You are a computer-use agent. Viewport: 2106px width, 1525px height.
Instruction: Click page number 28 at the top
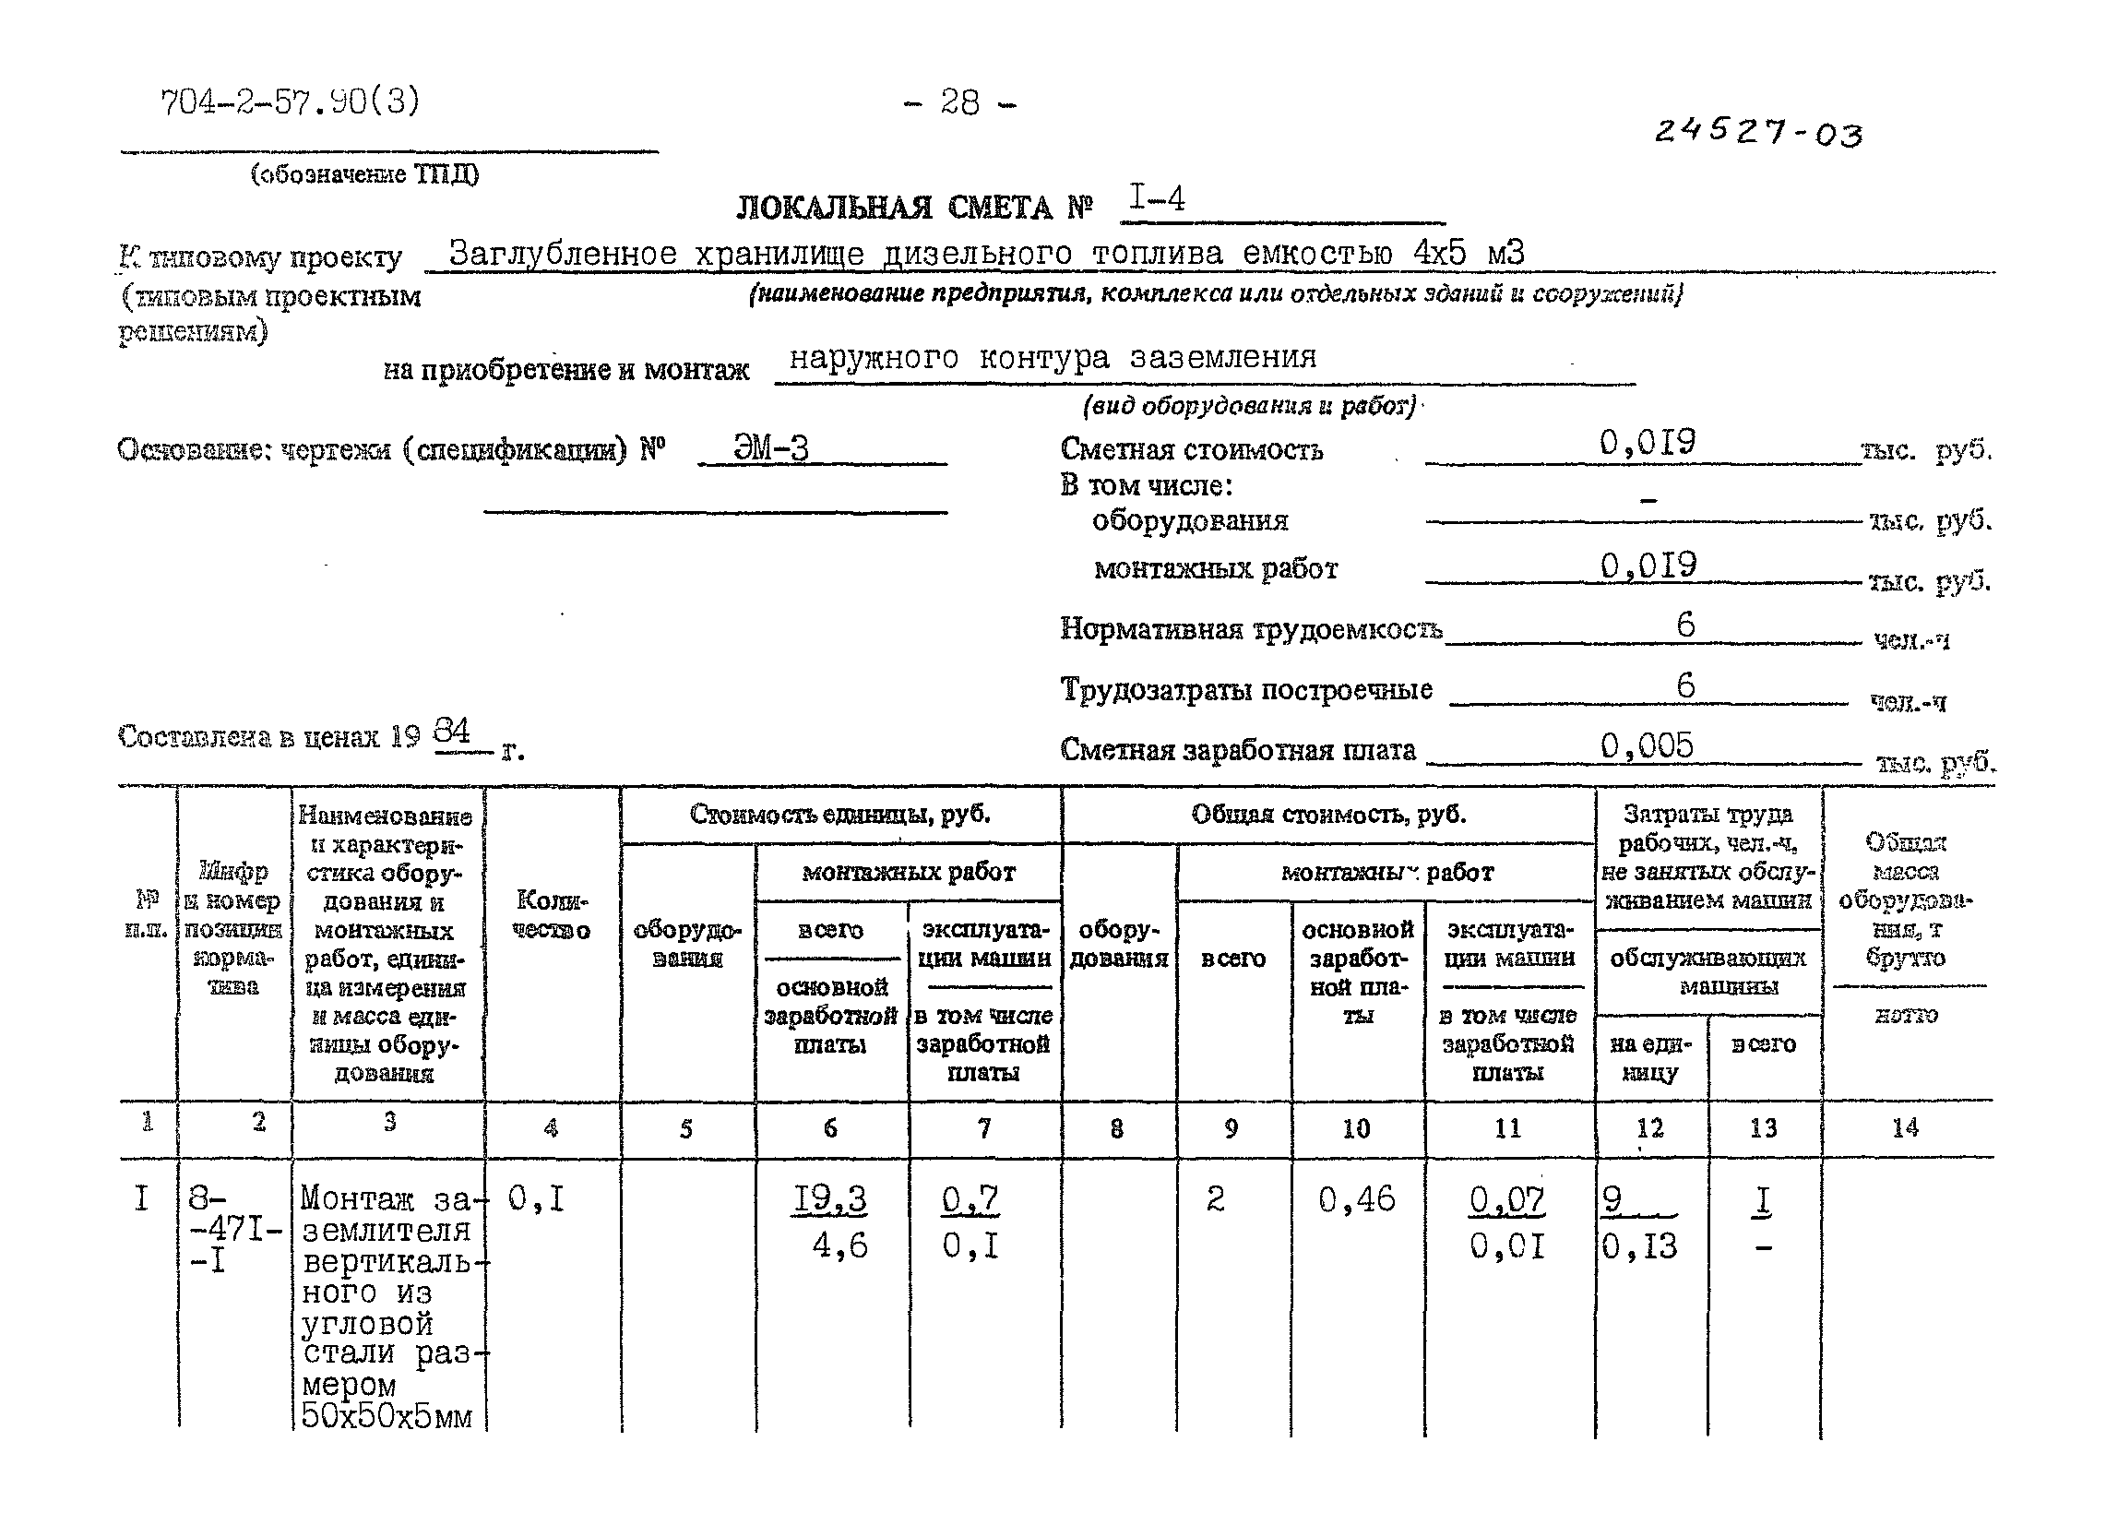(x=959, y=102)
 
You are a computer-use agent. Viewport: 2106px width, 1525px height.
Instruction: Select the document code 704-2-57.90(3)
(x=291, y=101)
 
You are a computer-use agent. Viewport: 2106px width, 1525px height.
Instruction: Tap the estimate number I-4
(x=1157, y=198)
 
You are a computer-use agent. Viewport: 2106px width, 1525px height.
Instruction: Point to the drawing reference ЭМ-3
(x=770, y=448)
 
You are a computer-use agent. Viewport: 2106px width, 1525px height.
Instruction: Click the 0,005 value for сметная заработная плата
(x=1647, y=745)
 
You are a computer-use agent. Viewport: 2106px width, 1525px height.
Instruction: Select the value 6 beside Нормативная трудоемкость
(x=1685, y=625)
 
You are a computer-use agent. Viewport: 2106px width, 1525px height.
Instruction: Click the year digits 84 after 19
(x=452, y=732)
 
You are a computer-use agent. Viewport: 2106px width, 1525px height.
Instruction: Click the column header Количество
(x=552, y=916)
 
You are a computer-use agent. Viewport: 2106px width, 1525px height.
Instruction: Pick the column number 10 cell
(x=1356, y=1128)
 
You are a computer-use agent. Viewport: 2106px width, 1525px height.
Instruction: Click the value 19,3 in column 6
(x=829, y=1199)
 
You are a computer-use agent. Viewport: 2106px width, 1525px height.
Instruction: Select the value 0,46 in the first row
(x=1356, y=1200)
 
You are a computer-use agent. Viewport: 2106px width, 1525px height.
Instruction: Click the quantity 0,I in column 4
(x=536, y=1200)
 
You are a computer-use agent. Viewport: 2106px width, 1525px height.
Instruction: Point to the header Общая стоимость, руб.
(x=1327, y=815)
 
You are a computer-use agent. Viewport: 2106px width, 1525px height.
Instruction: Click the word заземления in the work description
(x=1223, y=357)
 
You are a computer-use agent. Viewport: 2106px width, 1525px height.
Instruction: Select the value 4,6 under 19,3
(x=839, y=1245)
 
